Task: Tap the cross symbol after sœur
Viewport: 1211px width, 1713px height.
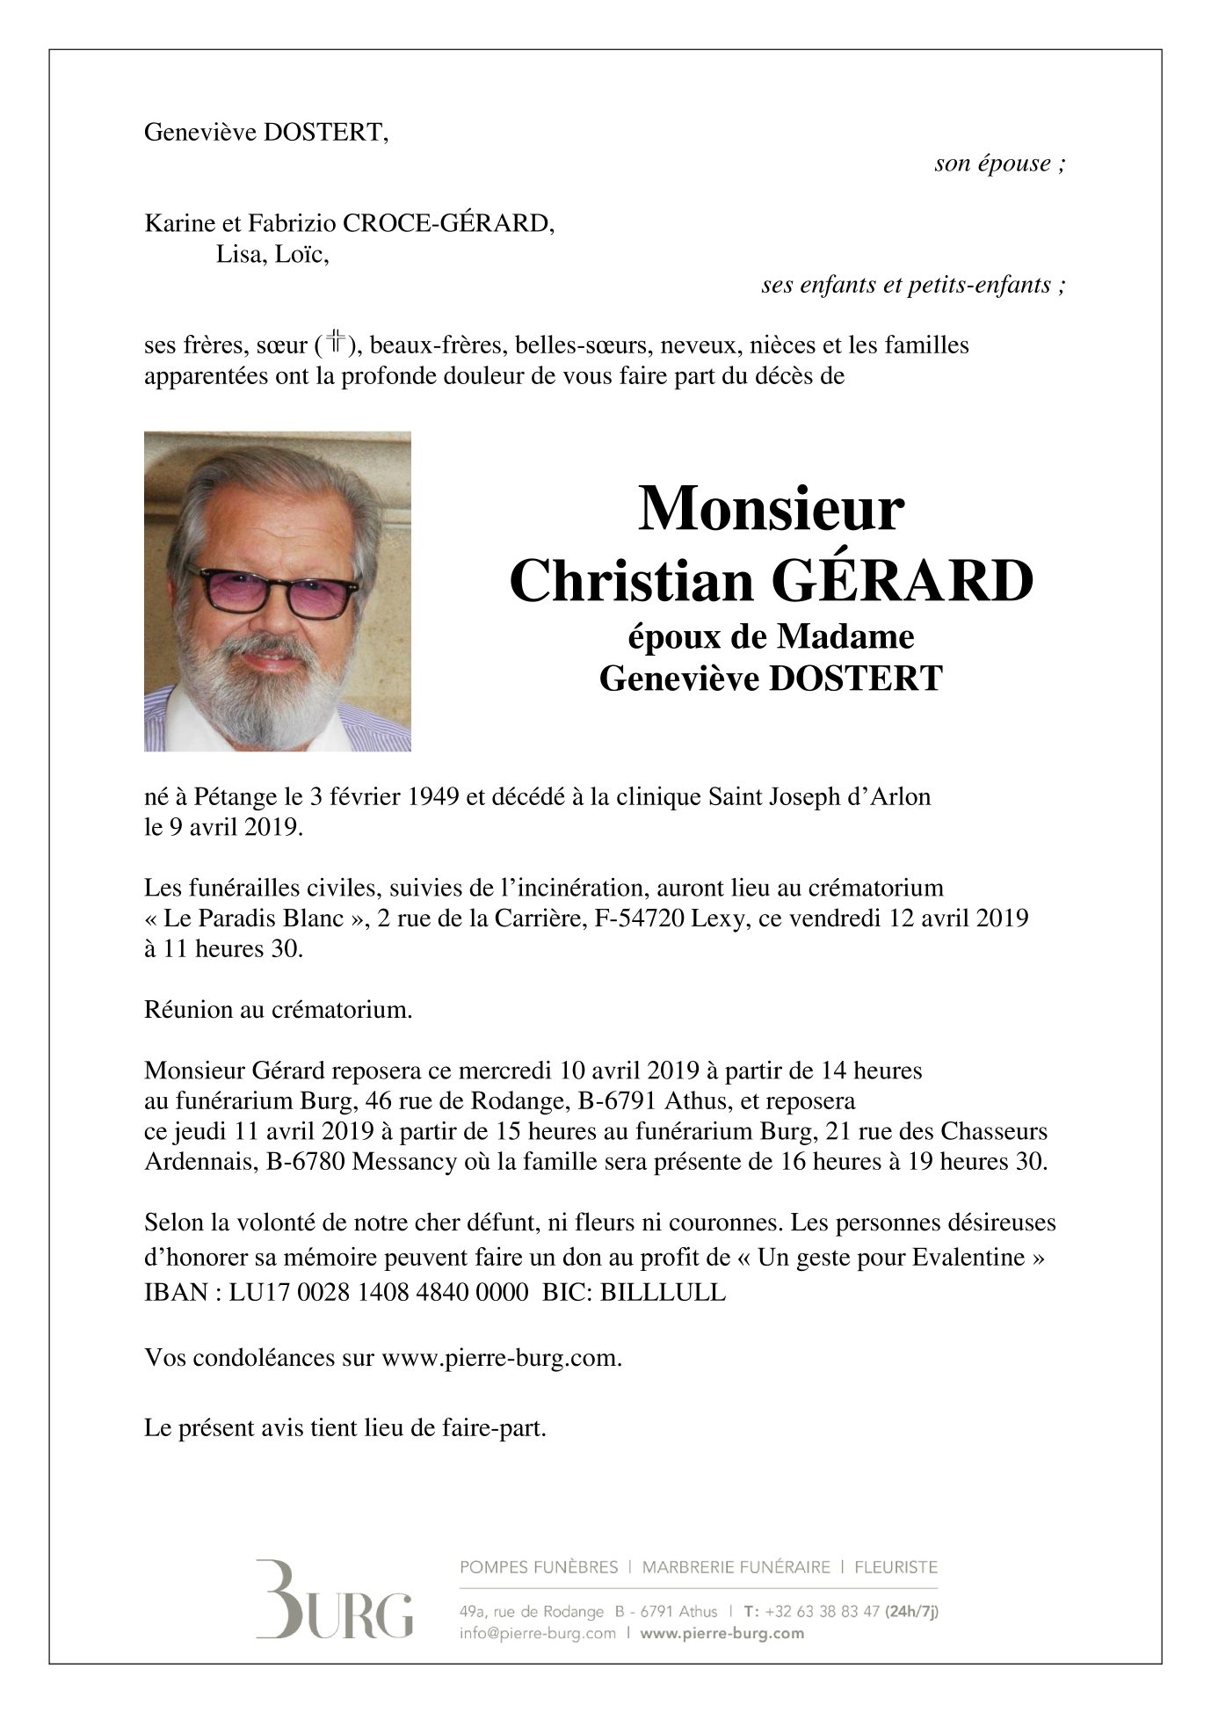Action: pos(337,344)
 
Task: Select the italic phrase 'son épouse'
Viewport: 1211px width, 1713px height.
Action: pos(992,163)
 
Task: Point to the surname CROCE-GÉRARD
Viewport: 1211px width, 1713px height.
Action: pos(448,223)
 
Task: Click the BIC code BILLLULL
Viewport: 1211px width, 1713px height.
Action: pos(664,1293)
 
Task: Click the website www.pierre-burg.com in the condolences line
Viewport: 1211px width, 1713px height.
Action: pos(500,1358)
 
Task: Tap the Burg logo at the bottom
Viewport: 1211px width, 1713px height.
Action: pos(335,1599)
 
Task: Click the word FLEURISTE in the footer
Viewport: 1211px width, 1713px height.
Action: pos(896,1567)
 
